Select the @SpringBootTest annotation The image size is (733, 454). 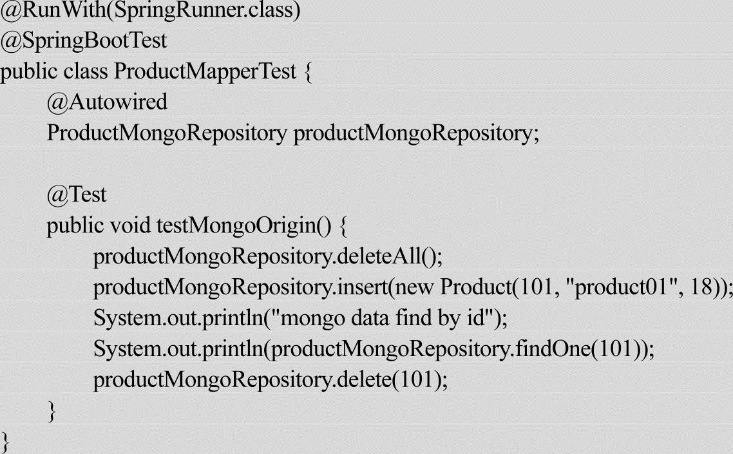pos(84,41)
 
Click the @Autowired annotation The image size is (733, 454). pos(106,102)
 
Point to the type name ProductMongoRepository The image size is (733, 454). pos(167,133)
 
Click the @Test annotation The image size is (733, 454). pos(76,194)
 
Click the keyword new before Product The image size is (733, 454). pos(415,287)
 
